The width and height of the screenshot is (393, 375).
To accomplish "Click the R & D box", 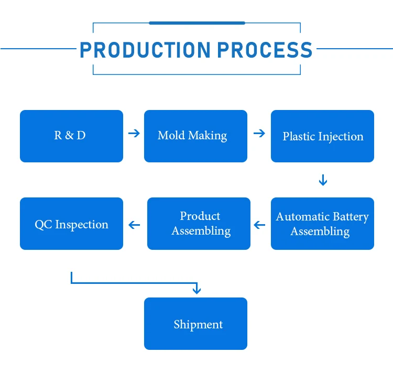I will [x=71, y=136].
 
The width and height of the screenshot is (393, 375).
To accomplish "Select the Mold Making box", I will [x=195, y=136].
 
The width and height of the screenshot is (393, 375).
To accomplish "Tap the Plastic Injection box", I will [x=322, y=136].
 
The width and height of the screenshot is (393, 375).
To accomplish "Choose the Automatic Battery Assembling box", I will [x=322, y=224].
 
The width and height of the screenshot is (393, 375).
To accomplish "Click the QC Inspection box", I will [x=71, y=224].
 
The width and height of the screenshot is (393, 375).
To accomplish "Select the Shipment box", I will [x=195, y=324].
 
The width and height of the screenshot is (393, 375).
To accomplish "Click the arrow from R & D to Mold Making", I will [x=134, y=133].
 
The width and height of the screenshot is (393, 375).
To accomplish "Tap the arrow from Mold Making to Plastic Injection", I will [x=259, y=133].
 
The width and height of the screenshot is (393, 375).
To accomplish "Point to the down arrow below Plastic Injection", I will [x=323, y=180].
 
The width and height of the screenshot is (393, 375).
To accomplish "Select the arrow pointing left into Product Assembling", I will [x=259, y=225].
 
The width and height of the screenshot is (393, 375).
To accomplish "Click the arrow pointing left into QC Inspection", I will [x=135, y=225].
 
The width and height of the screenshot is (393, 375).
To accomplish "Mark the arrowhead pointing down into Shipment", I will [x=196, y=289].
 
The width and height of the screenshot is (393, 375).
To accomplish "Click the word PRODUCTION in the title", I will [x=145, y=50].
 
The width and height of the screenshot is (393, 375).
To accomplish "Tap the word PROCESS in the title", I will [x=265, y=50].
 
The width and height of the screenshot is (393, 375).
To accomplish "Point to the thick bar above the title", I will [x=196, y=23].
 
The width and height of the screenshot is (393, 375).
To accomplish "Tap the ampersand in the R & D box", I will [x=71, y=136].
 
